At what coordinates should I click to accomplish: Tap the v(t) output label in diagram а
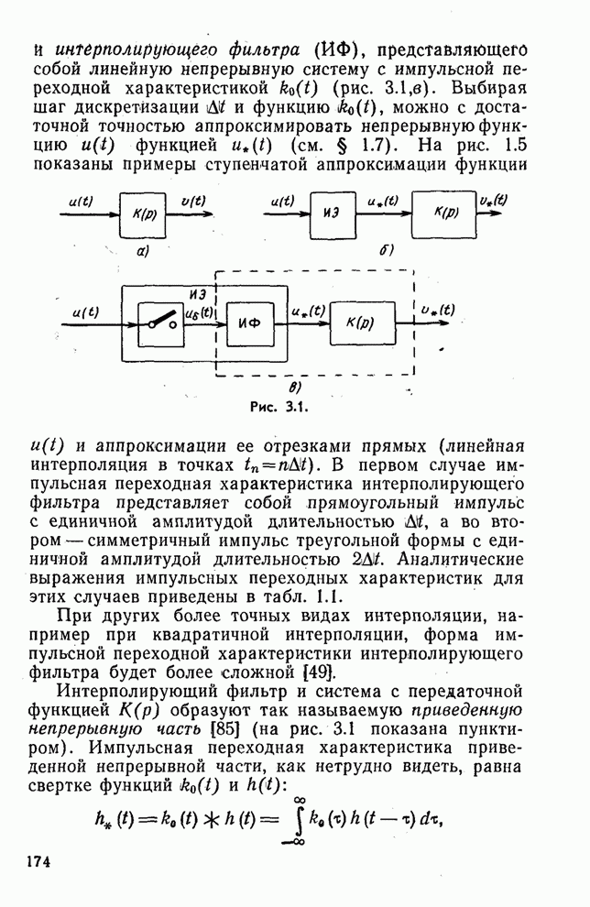(192, 201)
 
